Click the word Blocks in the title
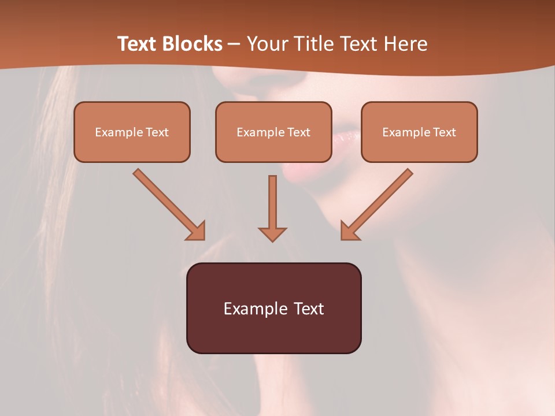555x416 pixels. (x=192, y=44)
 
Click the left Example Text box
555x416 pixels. (x=132, y=132)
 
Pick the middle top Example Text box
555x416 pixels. (x=273, y=132)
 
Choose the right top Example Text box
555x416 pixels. (x=419, y=132)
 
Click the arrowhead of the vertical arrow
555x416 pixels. (x=272, y=233)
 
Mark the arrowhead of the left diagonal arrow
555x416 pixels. (x=197, y=231)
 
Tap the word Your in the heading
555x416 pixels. (x=266, y=44)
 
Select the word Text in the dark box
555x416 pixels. (x=309, y=309)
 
